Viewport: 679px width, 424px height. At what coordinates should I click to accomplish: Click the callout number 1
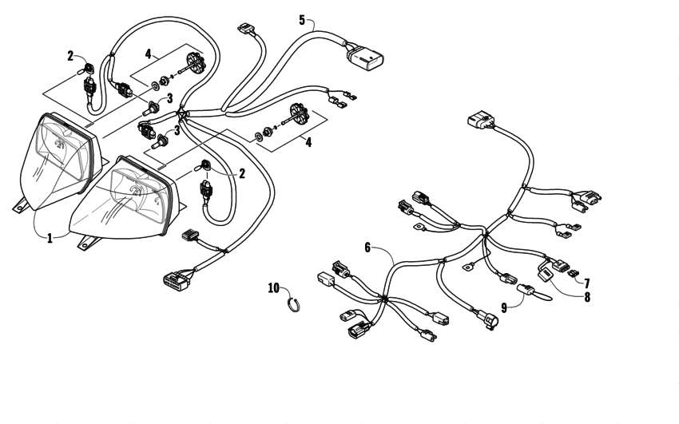click(50, 238)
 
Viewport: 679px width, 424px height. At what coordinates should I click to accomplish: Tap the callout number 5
click(302, 19)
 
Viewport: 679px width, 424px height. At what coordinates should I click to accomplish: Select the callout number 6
click(367, 248)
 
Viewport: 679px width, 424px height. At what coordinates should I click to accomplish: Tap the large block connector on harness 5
click(365, 56)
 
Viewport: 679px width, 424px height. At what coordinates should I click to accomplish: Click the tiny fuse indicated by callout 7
click(574, 277)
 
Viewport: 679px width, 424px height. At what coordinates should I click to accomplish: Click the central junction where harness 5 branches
click(184, 115)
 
